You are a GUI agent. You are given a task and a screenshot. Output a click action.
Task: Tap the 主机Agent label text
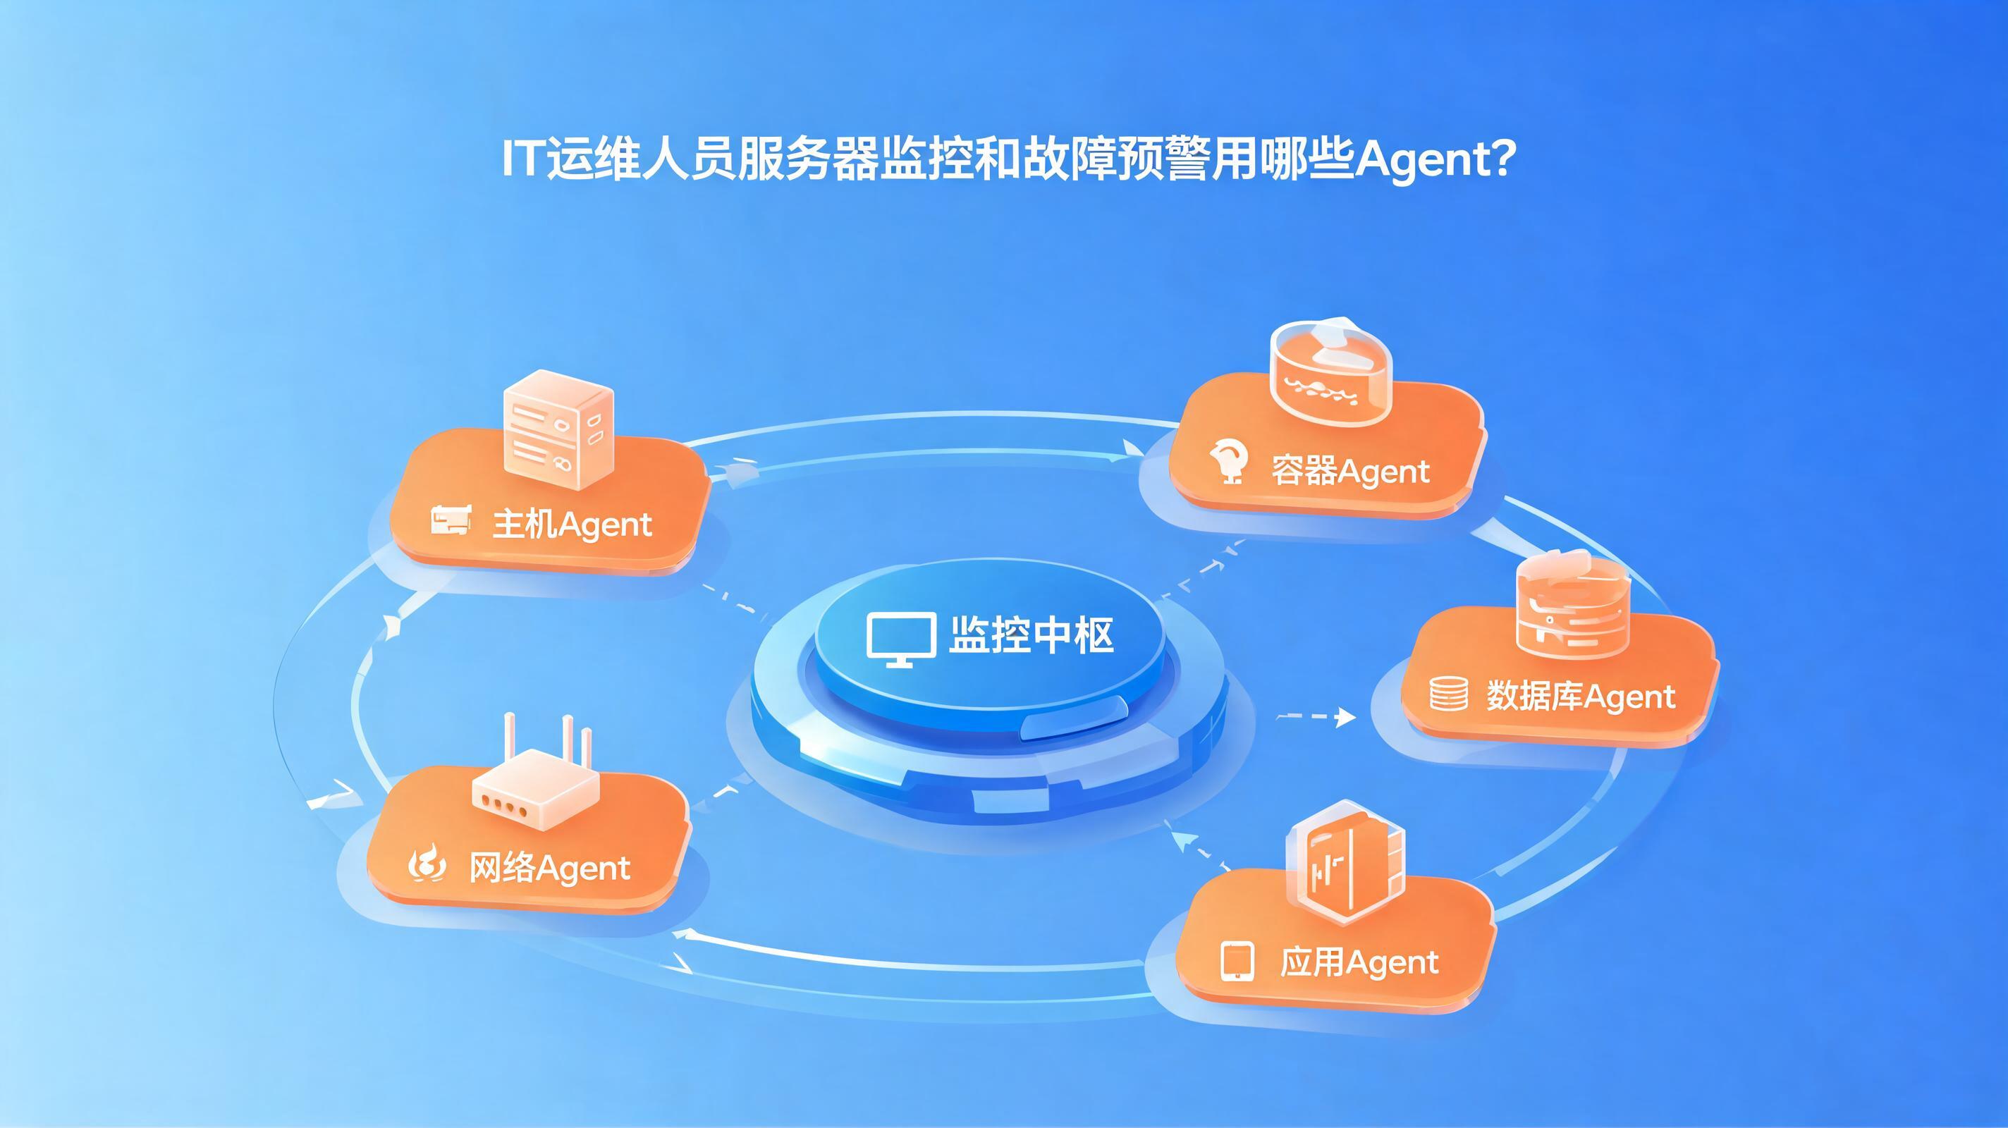[573, 525]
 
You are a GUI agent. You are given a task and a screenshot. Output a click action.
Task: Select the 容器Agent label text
[1350, 471]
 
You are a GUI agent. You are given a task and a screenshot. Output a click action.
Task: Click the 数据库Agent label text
[1581, 696]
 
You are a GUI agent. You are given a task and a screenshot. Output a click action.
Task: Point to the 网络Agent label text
[549, 868]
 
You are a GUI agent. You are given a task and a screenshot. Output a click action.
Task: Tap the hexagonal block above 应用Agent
[1345, 862]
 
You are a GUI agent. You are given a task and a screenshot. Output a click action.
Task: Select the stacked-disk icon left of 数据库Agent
[1449, 694]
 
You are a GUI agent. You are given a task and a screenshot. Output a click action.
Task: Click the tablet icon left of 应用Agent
[1237, 962]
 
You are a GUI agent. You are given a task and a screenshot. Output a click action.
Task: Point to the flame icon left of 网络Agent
[428, 866]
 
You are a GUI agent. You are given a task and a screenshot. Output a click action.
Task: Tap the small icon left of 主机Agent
[451, 520]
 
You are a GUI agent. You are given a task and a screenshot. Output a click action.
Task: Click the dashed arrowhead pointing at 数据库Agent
[1345, 716]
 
